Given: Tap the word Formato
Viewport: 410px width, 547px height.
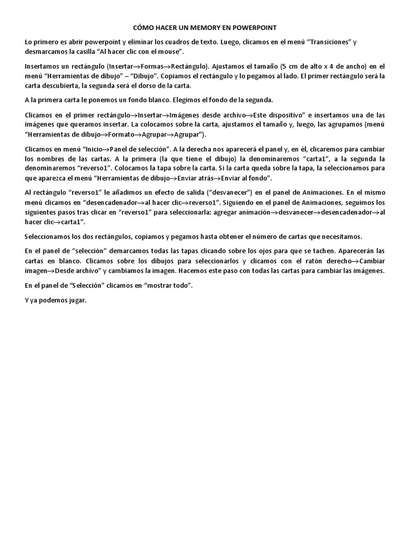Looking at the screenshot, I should [122, 134].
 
